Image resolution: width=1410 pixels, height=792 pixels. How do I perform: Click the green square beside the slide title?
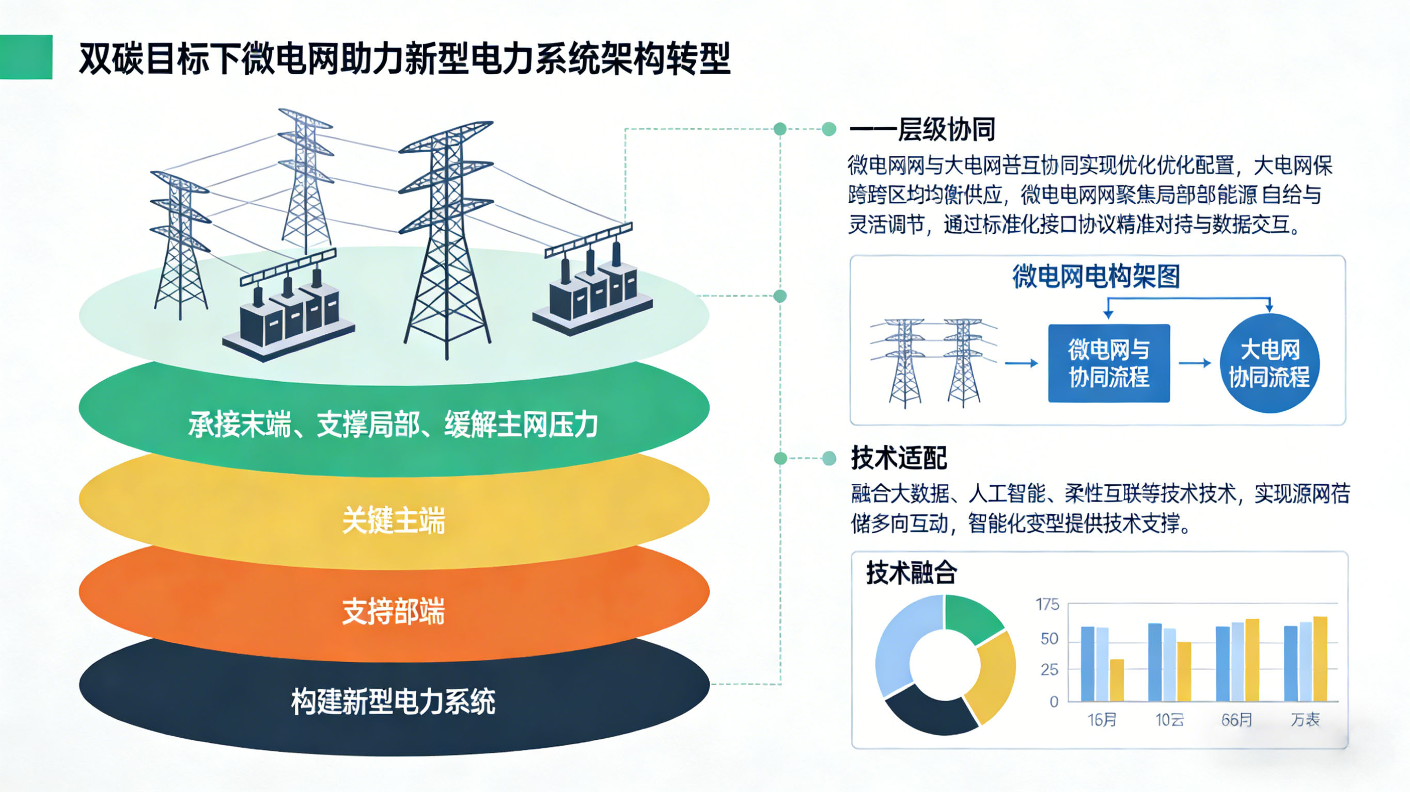click(x=26, y=57)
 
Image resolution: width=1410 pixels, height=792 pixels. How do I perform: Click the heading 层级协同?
click(x=946, y=130)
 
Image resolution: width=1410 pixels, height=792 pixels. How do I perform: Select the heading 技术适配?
click(x=899, y=458)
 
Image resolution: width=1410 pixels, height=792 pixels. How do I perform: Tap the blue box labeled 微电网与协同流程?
click(x=1109, y=363)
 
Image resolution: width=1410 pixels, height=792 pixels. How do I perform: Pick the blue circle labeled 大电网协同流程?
click(x=1270, y=363)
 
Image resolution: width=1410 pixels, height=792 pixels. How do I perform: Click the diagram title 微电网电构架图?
click(x=1096, y=276)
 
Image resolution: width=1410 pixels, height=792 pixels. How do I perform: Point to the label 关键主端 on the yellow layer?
click(x=393, y=520)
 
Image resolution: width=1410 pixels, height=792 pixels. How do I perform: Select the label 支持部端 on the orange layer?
click(x=393, y=611)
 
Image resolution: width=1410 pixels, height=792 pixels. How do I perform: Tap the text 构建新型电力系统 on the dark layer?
click(x=393, y=702)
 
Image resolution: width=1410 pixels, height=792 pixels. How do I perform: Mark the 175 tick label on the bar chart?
click(x=1047, y=604)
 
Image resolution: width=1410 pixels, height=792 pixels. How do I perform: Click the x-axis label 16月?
click(x=1101, y=720)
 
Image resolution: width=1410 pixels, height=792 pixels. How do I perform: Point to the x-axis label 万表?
click(x=1305, y=720)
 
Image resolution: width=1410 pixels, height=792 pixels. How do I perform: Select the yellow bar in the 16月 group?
click(x=1117, y=680)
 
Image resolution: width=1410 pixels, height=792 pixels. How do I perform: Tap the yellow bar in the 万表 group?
click(x=1320, y=658)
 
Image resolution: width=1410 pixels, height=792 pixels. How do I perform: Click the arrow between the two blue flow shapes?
click(x=1194, y=363)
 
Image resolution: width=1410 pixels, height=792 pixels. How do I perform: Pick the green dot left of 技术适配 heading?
click(x=829, y=458)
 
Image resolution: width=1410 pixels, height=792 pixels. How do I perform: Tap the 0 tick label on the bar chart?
click(x=1054, y=702)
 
